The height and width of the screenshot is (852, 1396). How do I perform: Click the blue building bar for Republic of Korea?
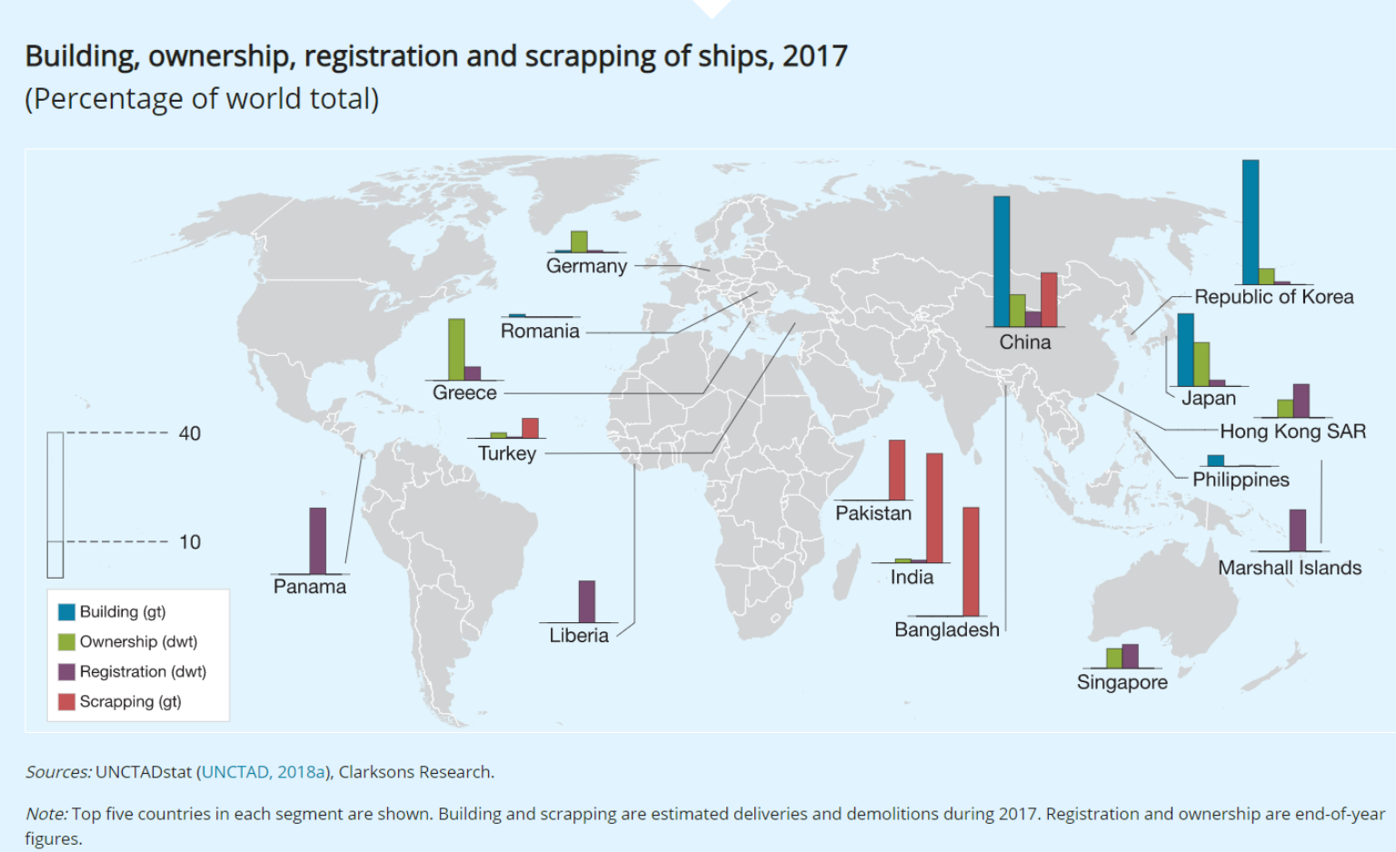1251,222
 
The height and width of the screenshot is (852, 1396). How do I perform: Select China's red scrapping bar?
1049,300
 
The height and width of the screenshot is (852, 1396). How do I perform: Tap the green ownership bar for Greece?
456,350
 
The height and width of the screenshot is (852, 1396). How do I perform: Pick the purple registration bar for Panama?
317,540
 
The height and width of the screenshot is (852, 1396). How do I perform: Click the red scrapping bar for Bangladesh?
971,561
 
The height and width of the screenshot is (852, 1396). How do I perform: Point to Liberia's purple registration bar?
587,601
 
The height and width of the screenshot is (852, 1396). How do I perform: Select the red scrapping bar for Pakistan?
897,470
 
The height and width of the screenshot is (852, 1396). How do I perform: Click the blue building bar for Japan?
1185,350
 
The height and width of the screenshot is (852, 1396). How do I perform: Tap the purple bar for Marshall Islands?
1298,530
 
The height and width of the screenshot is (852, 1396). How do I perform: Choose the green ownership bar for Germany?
579,242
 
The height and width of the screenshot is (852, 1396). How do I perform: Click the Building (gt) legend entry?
122,612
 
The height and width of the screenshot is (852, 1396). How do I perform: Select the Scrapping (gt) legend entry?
130,702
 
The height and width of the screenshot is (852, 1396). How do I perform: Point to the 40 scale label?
190,433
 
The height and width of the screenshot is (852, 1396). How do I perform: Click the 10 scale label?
190,542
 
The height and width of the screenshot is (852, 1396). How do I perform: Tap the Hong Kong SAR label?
1292,431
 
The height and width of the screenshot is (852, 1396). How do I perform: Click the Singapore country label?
1122,682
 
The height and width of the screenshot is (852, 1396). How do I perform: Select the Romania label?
540,332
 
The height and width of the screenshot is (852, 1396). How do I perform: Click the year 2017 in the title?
814,56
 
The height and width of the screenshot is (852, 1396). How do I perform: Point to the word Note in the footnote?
45,814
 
